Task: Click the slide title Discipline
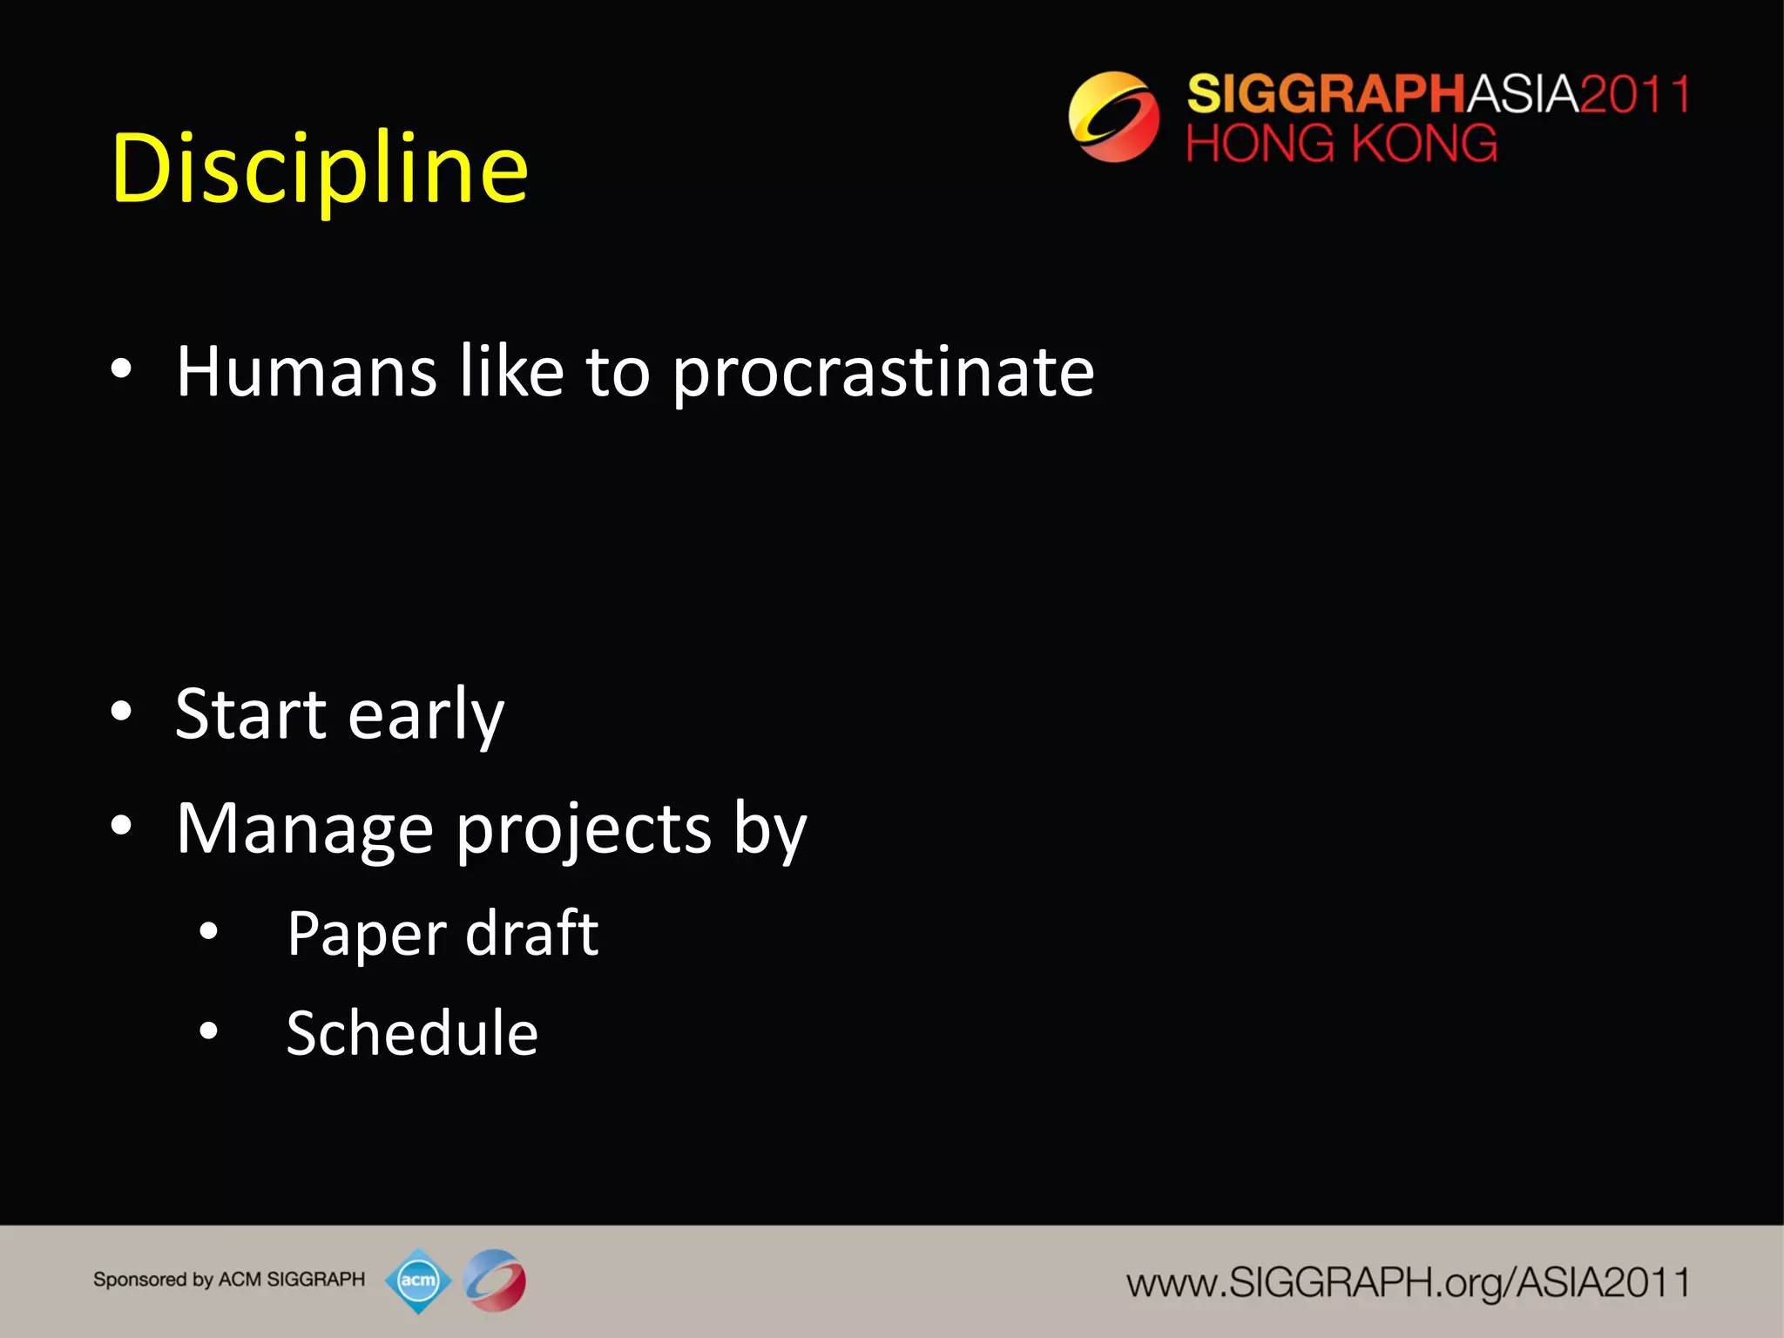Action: [320, 169]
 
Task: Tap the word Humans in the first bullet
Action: [306, 372]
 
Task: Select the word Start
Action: [250, 714]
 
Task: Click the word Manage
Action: [304, 830]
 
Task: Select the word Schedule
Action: [412, 1034]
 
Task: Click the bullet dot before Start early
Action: [121, 712]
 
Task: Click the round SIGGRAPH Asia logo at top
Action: [1113, 117]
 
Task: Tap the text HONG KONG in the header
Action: [1341, 144]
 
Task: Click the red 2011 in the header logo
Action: [1634, 94]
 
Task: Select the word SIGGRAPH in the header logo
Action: [1326, 94]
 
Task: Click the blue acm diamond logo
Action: [418, 1281]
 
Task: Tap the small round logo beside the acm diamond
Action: [494, 1281]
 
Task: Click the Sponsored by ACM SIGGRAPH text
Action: [229, 1280]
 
